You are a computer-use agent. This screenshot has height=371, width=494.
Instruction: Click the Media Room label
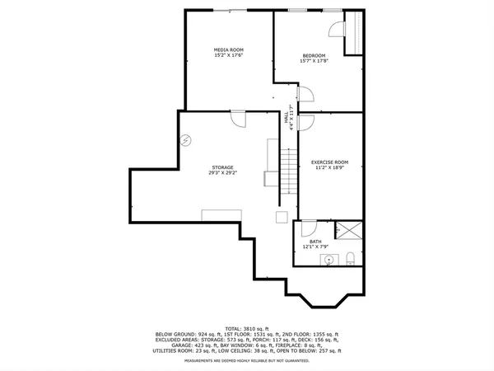pyautogui.click(x=229, y=50)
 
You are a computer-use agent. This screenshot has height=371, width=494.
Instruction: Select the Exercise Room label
pyautogui.click(x=329, y=162)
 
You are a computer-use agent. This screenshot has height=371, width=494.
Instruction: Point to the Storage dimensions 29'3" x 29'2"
pyautogui.click(x=223, y=172)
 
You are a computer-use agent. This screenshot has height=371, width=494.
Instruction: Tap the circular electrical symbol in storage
pyautogui.click(x=186, y=142)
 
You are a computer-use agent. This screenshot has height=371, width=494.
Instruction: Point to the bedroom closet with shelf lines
pyautogui.click(x=356, y=33)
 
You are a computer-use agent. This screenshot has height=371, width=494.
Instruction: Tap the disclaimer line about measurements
pyautogui.click(x=247, y=360)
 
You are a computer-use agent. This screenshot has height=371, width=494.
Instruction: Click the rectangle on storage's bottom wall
pyautogui.click(x=221, y=215)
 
